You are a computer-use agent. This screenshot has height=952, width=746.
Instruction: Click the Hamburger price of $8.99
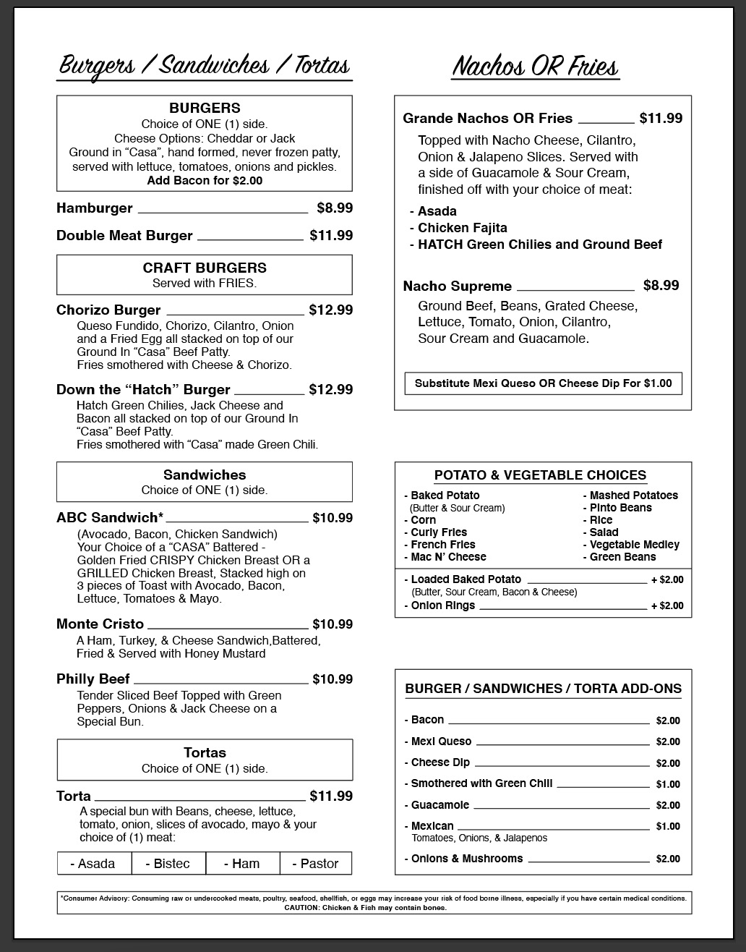335,208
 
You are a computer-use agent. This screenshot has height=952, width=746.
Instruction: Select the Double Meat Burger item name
124,236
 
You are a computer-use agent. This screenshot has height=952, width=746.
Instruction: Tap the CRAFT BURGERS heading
205,268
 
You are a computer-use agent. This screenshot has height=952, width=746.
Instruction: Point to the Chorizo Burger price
330,310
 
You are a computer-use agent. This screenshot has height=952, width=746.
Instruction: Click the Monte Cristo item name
100,624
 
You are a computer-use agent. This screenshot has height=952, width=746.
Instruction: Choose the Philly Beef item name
93,679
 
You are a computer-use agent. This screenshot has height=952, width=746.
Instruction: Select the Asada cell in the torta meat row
95,864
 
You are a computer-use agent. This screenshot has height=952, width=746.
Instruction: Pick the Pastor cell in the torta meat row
316,864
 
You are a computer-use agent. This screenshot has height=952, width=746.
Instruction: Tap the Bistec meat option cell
169,864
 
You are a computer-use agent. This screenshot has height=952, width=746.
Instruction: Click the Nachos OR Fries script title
535,67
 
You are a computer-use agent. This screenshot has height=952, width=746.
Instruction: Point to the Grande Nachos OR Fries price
660,119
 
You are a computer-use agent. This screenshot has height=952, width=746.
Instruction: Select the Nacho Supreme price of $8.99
661,286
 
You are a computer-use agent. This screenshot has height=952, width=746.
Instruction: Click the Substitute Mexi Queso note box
543,383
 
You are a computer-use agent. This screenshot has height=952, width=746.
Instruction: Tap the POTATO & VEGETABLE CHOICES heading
540,475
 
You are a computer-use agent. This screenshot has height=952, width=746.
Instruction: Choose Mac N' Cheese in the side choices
448,557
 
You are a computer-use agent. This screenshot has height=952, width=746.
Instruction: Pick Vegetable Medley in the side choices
634,545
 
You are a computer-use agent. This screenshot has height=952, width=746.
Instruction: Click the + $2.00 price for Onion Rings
666,606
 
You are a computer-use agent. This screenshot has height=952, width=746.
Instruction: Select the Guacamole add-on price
668,806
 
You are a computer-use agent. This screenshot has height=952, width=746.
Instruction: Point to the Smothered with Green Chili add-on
481,783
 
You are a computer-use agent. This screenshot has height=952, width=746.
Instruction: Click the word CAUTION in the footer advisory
300,907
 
